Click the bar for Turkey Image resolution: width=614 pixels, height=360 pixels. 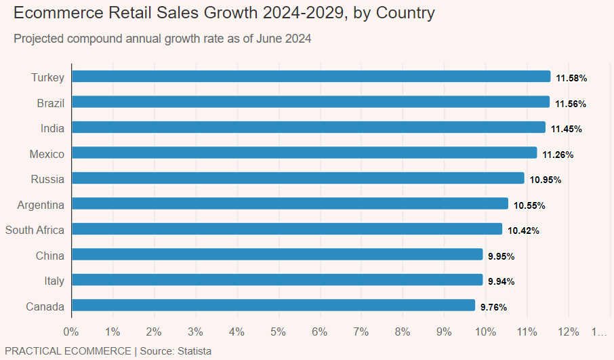311,77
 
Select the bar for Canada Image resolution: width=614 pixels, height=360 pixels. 273,306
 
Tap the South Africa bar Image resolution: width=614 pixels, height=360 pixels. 287,229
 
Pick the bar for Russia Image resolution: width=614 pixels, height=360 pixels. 298,178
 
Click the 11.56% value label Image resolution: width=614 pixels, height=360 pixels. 571,104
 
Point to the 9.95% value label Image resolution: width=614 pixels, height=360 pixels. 501,256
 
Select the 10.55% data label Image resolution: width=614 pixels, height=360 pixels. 529,205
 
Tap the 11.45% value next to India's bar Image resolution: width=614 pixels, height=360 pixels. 567,129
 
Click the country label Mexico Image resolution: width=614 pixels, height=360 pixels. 47,155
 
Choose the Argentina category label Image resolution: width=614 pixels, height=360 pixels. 41,205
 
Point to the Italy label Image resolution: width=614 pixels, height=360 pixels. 54,281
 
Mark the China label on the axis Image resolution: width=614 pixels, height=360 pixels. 50,256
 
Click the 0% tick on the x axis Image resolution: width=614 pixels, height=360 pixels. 71,332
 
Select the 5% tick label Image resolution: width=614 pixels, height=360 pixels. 278,332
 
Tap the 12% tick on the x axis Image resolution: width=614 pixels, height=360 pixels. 569,332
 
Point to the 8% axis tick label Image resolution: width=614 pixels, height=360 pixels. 403,332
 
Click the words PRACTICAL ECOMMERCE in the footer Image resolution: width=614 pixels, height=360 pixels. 68,351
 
